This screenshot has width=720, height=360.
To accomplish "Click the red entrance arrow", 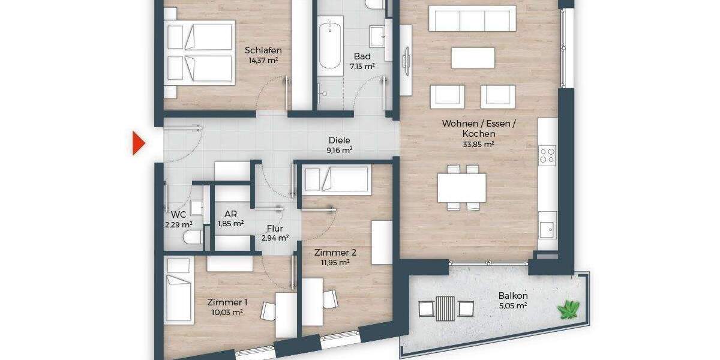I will coord(139,143).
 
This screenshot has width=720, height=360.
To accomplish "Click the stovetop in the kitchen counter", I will coord(547,155).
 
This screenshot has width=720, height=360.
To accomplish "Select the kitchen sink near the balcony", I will coord(547,229).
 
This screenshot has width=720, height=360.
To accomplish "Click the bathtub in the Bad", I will coord(331,46).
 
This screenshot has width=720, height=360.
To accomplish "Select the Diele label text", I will coord(339,140).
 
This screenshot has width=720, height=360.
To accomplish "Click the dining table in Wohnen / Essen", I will coord(461,188).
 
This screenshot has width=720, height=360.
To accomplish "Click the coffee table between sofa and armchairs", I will coord(473,58).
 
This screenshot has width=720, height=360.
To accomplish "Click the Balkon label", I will coord(512,296).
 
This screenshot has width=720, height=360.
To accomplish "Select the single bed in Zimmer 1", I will coord(179,289).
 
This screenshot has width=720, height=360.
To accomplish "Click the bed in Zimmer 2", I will coord(335,179).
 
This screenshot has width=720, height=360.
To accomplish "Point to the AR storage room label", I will coord(230,214).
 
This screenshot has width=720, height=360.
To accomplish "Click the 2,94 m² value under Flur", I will coord(275,238).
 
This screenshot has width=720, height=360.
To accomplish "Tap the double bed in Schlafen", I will coord(200,53).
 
